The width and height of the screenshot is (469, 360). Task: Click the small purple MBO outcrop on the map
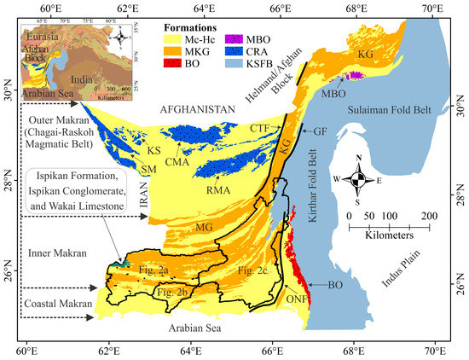tap(355, 76)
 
